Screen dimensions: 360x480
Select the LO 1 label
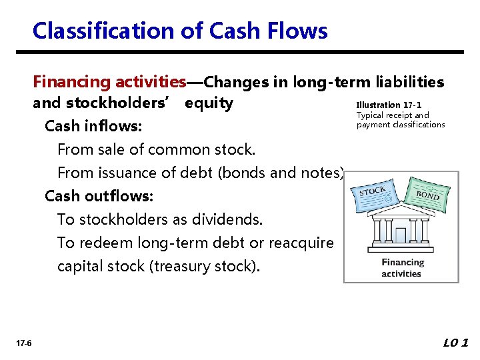[x=456, y=343]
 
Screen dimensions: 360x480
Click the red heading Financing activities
[x=109, y=82]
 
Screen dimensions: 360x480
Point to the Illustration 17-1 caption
[x=389, y=105]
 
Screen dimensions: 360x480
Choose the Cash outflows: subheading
[x=99, y=196]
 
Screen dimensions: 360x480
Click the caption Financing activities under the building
[x=401, y=268]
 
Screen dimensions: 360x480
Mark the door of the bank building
[x=401, y=235]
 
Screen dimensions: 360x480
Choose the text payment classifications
[x=401, y=125]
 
